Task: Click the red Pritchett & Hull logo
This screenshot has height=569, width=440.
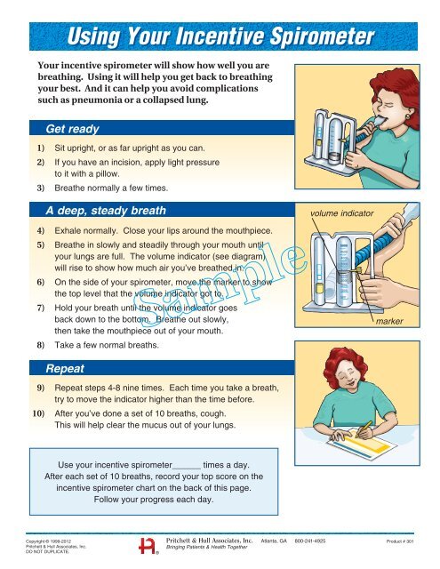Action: point(149,545)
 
